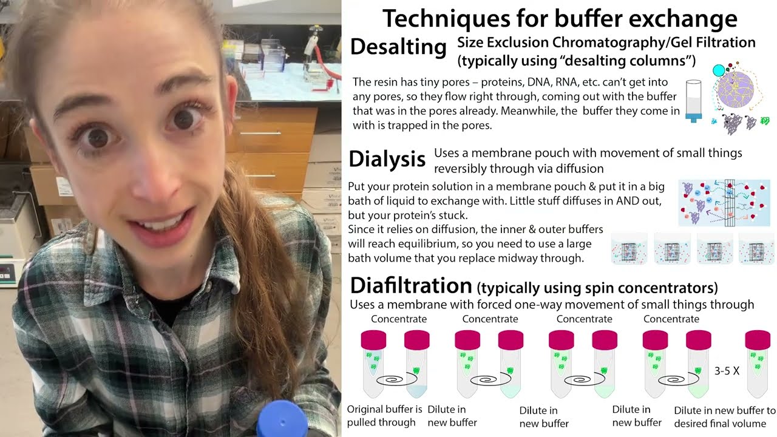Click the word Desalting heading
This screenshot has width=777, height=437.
tap(398, 47)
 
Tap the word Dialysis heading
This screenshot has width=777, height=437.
tap(387, 160)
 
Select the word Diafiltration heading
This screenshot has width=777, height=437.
tap(411, 285)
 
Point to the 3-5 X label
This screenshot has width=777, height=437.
tap(727, 370)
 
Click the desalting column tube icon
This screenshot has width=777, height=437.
tap(693, 100)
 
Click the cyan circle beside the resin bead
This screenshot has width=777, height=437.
tap(719, 70)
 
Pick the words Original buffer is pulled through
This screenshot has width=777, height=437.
tap(384, 416)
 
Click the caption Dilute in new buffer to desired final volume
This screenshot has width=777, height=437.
tap(725, 416)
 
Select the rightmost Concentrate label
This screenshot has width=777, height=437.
tap(671, 319)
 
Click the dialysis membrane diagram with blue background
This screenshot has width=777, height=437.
tap(724, 203)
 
